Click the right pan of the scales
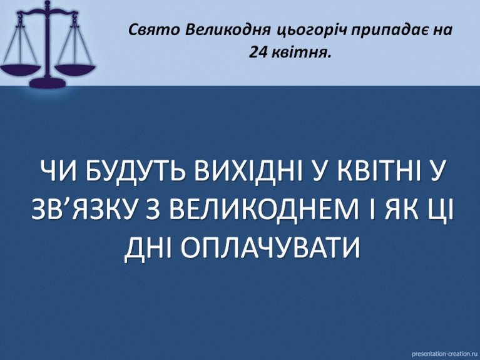click(x=75, y=69)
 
